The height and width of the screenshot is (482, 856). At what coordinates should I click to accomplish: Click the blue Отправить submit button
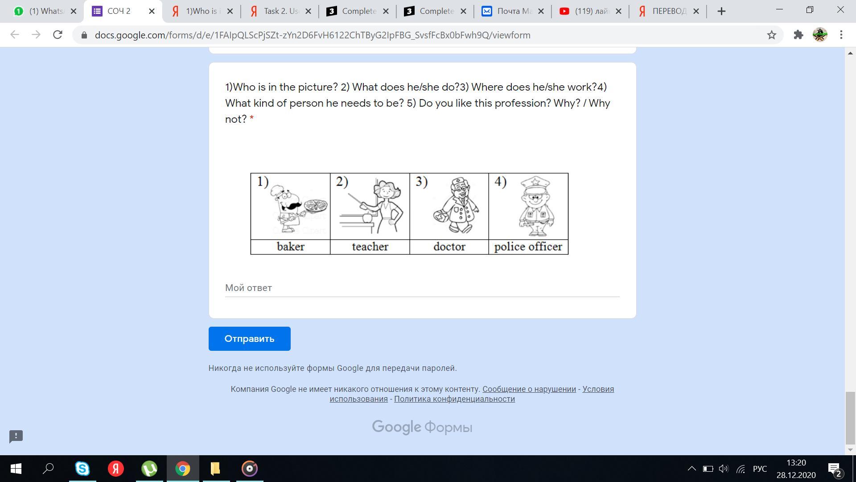pos(249,339)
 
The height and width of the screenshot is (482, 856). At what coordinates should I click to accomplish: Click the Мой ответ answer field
pos(422,288)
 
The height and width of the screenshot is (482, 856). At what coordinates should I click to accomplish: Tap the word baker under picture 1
pos(291,247)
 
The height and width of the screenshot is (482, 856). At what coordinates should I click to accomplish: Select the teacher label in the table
pos(370,247)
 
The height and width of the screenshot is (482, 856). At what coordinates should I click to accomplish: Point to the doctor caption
pos(449,247)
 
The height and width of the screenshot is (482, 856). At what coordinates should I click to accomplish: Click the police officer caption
pos(528,247)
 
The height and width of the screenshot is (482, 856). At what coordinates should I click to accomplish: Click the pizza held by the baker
pos(316,206)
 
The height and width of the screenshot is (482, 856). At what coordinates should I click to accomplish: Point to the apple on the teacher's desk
pos(367,218)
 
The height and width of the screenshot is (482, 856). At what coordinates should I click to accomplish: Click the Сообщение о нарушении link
pos(529,389)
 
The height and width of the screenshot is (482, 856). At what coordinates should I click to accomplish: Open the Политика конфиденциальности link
pos(454,399)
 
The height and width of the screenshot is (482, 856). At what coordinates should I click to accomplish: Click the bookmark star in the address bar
pos(772,35)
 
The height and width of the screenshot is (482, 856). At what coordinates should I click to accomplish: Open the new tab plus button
pos(721,11)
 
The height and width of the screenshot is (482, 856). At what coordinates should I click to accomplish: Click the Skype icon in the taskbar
pos(82,469)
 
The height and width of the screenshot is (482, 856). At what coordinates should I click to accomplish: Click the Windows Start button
pos(16,469)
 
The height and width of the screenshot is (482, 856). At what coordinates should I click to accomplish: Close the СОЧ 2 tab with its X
pos(152,11)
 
